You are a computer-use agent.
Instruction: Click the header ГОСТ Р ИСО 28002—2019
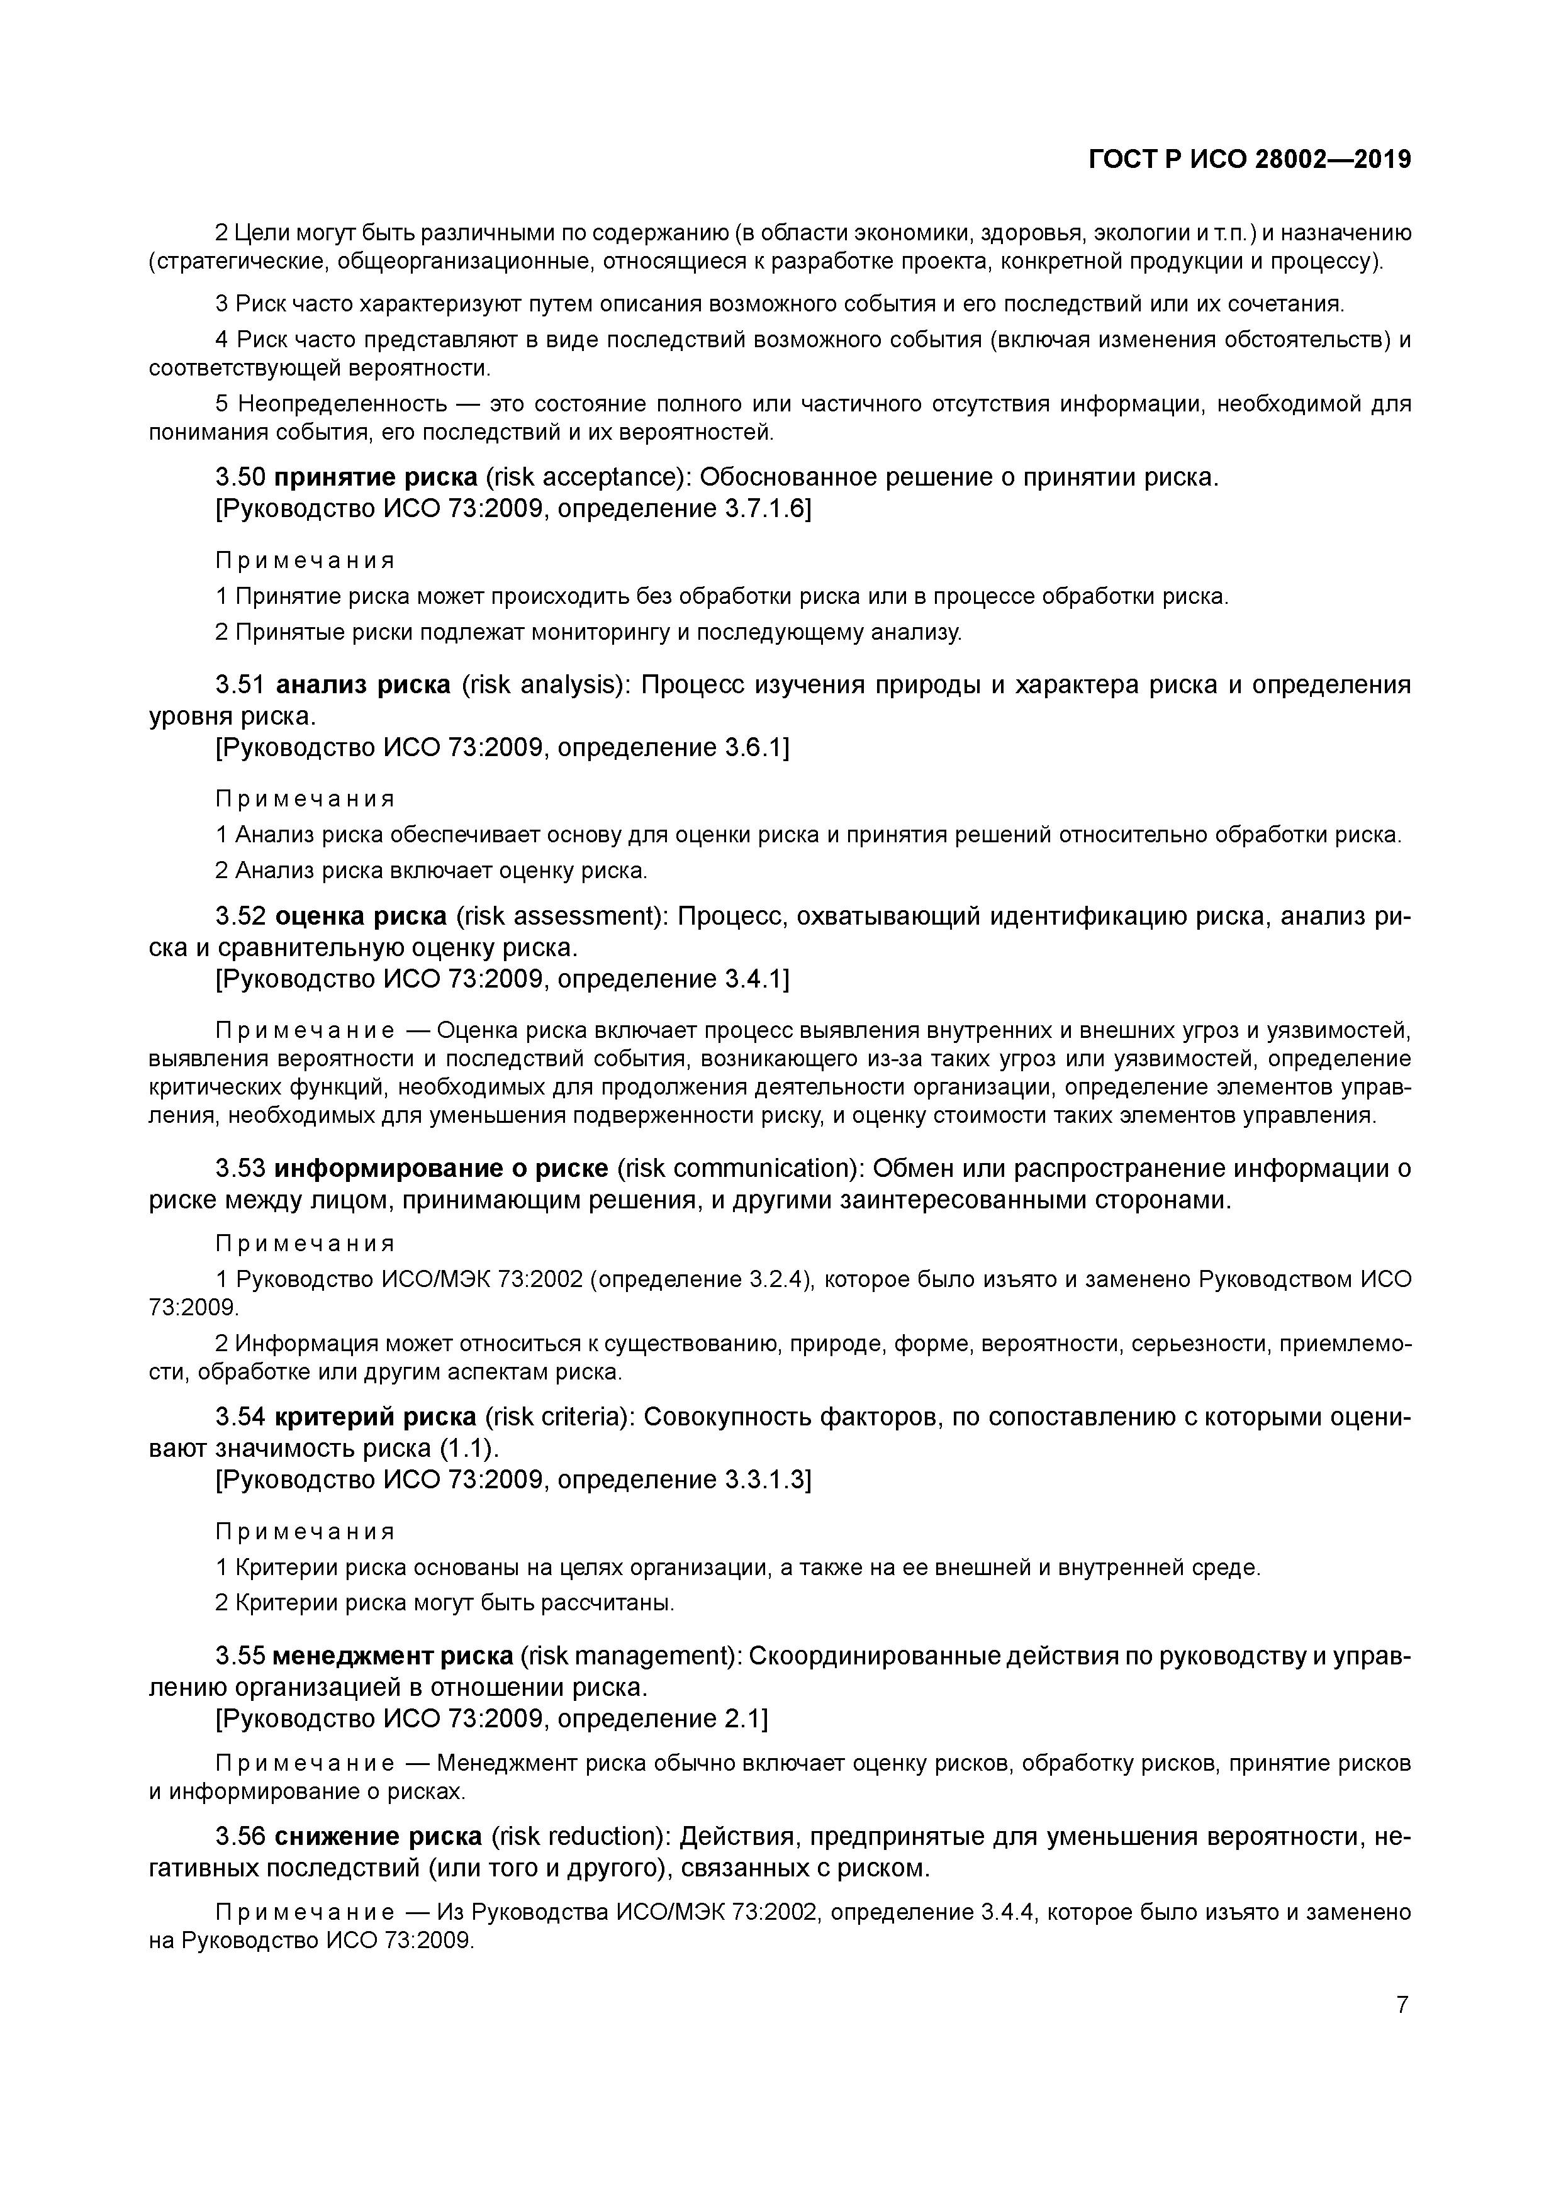[x=1250, y=160]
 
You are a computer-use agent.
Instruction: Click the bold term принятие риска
[x=376, y=477]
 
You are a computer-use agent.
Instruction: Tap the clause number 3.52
[x=240, y=916]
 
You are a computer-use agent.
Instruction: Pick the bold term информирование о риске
[x=441, y=1168]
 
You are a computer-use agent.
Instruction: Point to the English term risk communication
[x=740, y=1168]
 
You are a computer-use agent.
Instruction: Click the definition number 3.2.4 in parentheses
[x=775, y=1280]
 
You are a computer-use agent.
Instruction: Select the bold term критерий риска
[x=375, y=1417]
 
